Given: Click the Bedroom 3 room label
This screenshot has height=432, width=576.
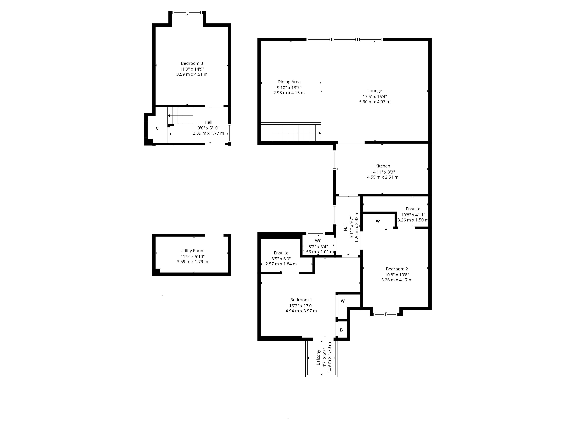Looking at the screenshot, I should pyautogui.click(x=192, y=63).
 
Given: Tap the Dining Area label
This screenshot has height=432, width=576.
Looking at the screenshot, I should pyautogui.click(x=289, y=82).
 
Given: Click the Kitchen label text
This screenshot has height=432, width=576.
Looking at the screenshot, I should pyautogui.click(x=382, y=166).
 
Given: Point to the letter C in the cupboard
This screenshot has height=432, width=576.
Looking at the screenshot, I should pyautogui.click(x=157, y=128).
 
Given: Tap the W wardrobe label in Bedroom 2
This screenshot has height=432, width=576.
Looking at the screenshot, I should pyautogui.click(x=378, y=221).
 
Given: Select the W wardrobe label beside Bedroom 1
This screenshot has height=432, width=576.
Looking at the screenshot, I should pyautogui.click(x=343, y=301).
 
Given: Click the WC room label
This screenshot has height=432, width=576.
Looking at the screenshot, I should pyautogui.click(x=318, y=241).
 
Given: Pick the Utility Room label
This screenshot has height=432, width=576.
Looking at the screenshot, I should pyautogui.click(x=192, y=251).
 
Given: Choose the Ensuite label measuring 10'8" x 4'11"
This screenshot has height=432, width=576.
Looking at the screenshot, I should pyautogui.click(x=413, y=209).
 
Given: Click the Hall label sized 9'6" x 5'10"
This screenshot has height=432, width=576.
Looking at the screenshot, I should pyautogui.click(x=208, y=122).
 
